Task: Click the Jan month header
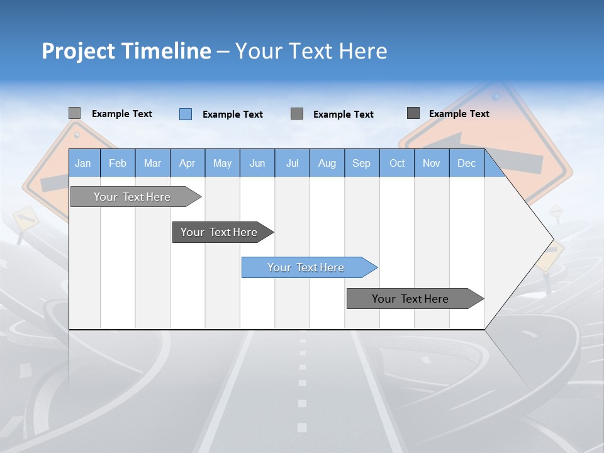(83, 163)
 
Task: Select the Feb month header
(118, 163)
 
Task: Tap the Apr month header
(187, 163)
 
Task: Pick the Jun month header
(257, 163)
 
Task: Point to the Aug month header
(327, 163)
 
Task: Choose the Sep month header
(362, 163)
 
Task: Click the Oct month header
(397, 163)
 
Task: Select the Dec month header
(466, 163)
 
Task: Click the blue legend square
(185, 114)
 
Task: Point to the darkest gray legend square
(413, 113)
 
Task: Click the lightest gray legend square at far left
(74, 113)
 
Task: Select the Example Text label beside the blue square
(232, 115)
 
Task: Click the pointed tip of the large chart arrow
(552, 239)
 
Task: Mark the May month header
(222, 163)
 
